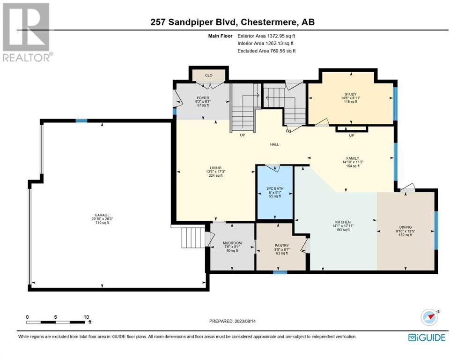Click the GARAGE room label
tap(102, 215)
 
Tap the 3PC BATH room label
tap(275, 188)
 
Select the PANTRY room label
tap(282, 246)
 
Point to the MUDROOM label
tap(232, 243)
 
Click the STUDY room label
tap(351, 94)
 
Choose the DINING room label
tap(406, 227)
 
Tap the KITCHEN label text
tap(343, 222)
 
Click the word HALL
tap(274, 144)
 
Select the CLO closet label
tap(209, 75)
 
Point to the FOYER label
tap(203, 97)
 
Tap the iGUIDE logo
tap(427, 337)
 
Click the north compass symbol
tap(429, 317)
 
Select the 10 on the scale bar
tap(86, 317)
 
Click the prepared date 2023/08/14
tap(245, 321)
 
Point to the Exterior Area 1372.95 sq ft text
tap(266, 36)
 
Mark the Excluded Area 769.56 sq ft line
tap(266, 51)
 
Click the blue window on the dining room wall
tap(436, 230)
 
